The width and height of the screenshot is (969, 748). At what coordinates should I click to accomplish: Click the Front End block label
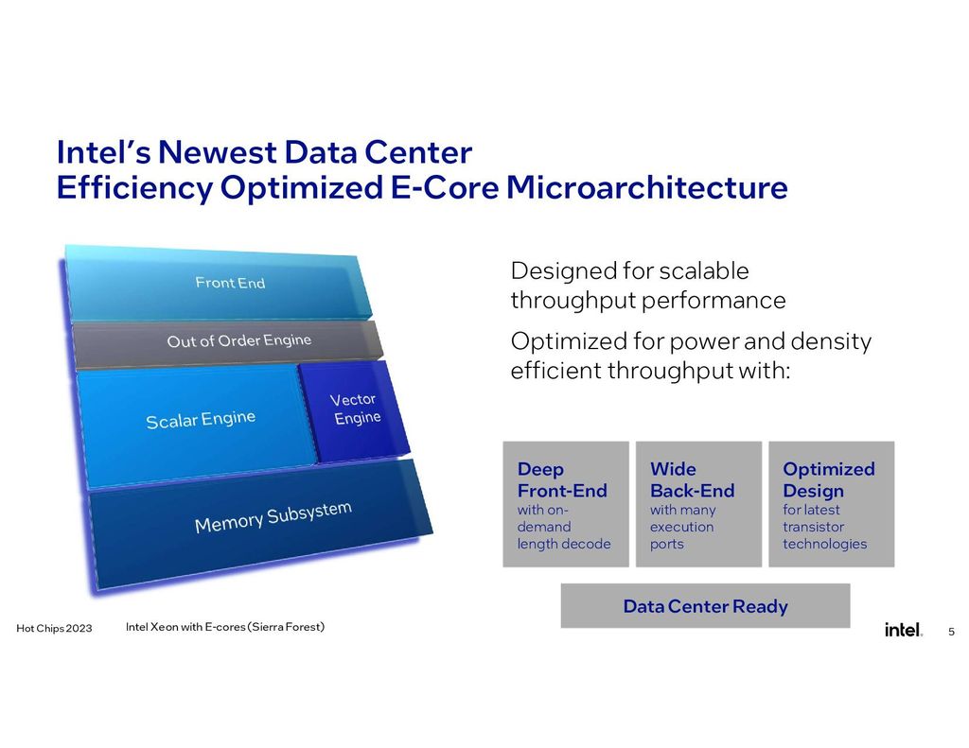[x=230, y=283]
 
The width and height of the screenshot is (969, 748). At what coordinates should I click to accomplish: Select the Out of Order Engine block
[x=238, y=340]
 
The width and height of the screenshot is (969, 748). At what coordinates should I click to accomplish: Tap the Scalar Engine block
[x=200, y=419]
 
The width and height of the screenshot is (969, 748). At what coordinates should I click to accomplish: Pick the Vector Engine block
[x=357, y=409]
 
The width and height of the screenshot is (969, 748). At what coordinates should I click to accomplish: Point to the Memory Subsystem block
[x=273, y=517]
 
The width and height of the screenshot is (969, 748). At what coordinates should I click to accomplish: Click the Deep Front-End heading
[x=562, y=480]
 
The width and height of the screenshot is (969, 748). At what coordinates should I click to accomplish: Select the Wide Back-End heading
[x=692, y=480]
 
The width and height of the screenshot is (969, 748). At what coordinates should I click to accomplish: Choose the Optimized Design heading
[x=828, y=480]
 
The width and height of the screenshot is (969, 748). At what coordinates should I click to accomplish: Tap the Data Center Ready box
[x=705, y=606]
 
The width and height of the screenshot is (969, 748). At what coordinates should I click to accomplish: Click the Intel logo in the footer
[x=903, y=630]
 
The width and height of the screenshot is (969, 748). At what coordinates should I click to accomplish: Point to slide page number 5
[x=951, y=631]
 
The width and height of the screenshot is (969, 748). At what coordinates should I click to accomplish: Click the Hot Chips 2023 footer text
[x=54, y=630]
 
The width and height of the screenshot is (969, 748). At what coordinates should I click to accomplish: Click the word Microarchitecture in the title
[x=646, y=187]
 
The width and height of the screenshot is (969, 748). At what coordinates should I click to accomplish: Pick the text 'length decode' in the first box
[x=563, y=544]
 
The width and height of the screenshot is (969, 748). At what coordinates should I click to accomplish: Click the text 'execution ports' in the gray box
[x=681, y=535]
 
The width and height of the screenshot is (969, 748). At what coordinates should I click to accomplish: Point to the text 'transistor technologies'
[x=823, y=535]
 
